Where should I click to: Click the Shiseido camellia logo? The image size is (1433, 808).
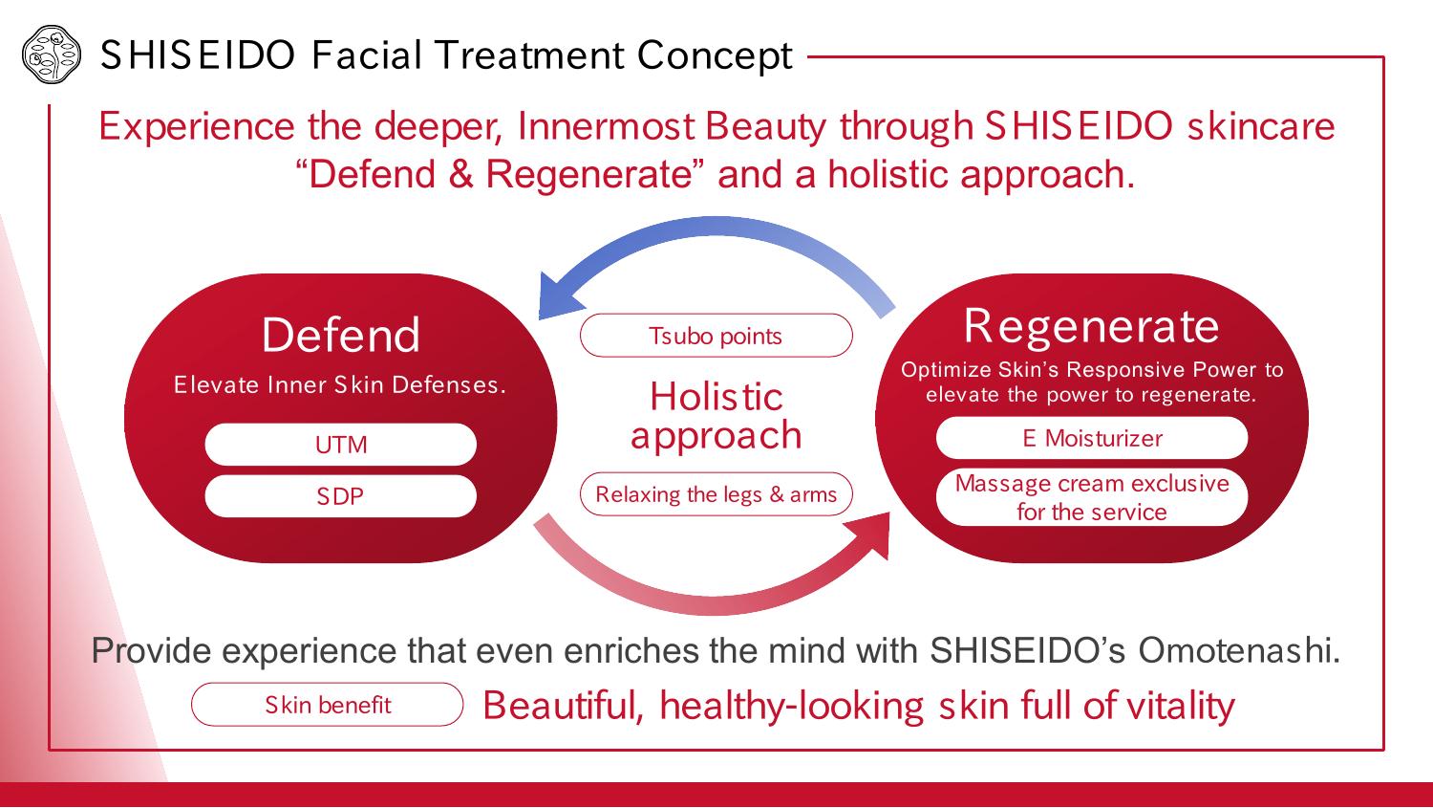point(52,55)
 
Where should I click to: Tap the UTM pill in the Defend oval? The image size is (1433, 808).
point(340,445)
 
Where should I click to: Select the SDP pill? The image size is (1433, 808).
point(340,496)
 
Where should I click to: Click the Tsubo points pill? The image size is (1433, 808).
point(716,336)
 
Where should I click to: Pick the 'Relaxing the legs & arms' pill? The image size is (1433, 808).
point(716,494)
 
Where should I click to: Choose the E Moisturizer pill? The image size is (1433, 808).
point(1092,438)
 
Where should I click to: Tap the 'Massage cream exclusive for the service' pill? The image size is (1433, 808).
point(1092,497)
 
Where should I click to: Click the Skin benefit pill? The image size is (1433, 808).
point(327,705)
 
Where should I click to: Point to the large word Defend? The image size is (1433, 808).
point(340,335)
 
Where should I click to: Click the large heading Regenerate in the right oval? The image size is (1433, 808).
point(1091,326)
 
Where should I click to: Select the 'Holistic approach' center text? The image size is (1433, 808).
point(716,416)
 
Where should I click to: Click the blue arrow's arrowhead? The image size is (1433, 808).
point(560,295)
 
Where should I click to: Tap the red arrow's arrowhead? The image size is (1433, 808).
point(870,534)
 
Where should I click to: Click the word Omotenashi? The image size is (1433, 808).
point(1239,650)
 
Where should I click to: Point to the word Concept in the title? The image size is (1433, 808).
point(715,55)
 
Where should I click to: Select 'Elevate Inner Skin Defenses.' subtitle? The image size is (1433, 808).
point(340,384)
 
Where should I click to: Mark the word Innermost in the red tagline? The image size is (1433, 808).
point(606,126)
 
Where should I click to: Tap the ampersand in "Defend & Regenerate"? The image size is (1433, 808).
point(460,174)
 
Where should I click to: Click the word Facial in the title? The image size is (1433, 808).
point(367,55)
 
